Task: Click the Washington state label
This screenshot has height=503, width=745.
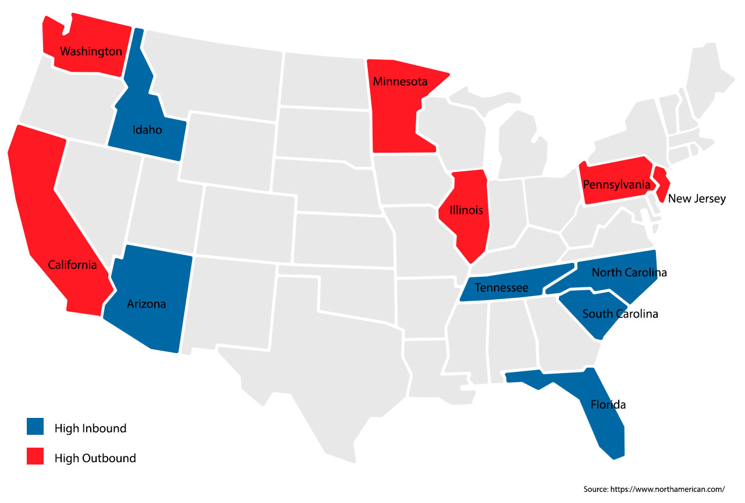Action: tap(91, 51)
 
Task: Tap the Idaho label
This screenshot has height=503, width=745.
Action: tap(147, 130)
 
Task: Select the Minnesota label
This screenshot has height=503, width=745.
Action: tap(400, 82)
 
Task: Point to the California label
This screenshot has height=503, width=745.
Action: tap(72, 265)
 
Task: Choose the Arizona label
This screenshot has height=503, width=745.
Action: tap(147, 304)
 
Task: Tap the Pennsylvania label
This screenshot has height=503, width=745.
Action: tap(616, 185)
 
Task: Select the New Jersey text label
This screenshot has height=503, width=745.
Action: tap(697, 199)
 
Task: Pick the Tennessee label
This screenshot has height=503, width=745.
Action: tap(501, 288)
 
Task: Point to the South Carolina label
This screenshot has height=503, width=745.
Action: tap(620, 314)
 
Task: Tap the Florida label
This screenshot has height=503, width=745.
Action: tap(608, 404)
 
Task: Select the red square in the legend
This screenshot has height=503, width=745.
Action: tap(36, 457)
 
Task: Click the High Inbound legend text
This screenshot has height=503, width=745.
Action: tap(90, 428)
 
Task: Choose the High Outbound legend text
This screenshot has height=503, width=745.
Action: tap(95, 458)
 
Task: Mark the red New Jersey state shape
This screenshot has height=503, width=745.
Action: tap(661, 182)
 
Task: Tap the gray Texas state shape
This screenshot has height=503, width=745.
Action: tap(326, 361)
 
